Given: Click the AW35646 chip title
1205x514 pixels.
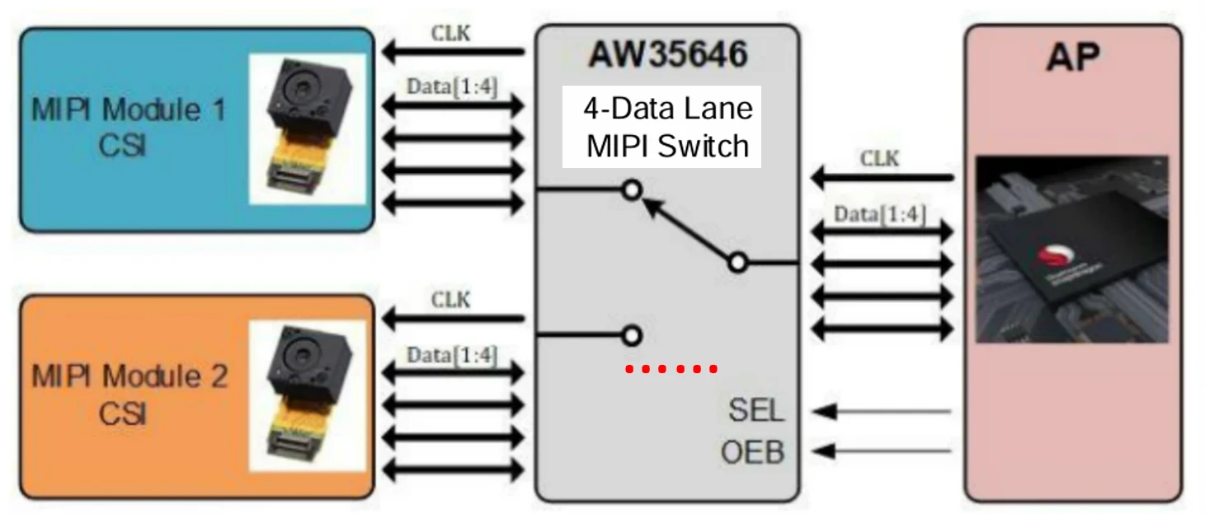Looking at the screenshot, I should click(x=667, y=56).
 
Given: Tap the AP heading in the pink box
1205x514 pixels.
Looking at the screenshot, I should click(x=1073, y=58).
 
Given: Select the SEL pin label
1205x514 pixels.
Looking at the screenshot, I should click(x=755, y=410).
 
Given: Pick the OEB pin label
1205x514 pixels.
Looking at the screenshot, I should click(x=751, y=452).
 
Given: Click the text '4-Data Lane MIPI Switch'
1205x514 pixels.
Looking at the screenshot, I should click(x=667, y=128).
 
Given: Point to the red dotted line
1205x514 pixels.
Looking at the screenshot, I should click(x=671, y=369).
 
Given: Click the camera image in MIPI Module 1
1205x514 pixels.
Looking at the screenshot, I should click(x=308, y=128).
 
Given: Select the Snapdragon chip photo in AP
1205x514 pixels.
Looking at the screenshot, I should click(x=1071, y=249).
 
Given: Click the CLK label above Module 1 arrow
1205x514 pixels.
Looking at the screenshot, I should click(x=451, y=34).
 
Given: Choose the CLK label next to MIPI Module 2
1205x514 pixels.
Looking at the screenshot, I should click(x=451, y=300).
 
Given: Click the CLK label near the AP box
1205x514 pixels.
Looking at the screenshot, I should click(x=880, y=158).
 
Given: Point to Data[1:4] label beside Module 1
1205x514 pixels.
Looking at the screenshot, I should click(x=452, y=86).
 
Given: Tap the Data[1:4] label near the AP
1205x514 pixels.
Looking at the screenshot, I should click(x=879, y=215).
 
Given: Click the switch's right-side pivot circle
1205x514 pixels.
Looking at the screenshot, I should click(x=738, y=263).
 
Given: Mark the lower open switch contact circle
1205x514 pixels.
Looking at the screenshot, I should click(x=632, y=335).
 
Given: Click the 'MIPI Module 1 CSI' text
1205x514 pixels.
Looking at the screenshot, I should click(x=128, y=127).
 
